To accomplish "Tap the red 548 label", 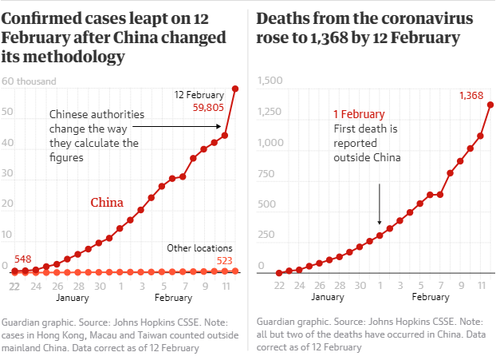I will click(x=22, y=259).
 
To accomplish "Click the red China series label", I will click(x=106, y=203).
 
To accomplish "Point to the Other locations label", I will click(x=199, y=248).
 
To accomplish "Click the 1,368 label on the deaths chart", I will click(x=471, y=96).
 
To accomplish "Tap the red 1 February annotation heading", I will click(x=359, y=114).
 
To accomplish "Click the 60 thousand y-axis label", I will click(x=30, y=81).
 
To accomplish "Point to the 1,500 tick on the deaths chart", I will click(x=271, y=81).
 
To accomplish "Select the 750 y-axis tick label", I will click(x=266, y=174).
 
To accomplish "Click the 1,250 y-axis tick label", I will click(x=271, y=112).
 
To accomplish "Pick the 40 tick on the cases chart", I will click(x=7, y=143).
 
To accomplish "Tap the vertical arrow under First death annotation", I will click(x=380, y=204).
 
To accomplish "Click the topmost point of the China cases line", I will click(x=235, y=88).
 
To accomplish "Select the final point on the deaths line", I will click(x=490, y=105).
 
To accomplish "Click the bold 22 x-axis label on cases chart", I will click(x=14, y=285).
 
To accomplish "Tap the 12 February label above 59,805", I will click(x=199, y=94).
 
